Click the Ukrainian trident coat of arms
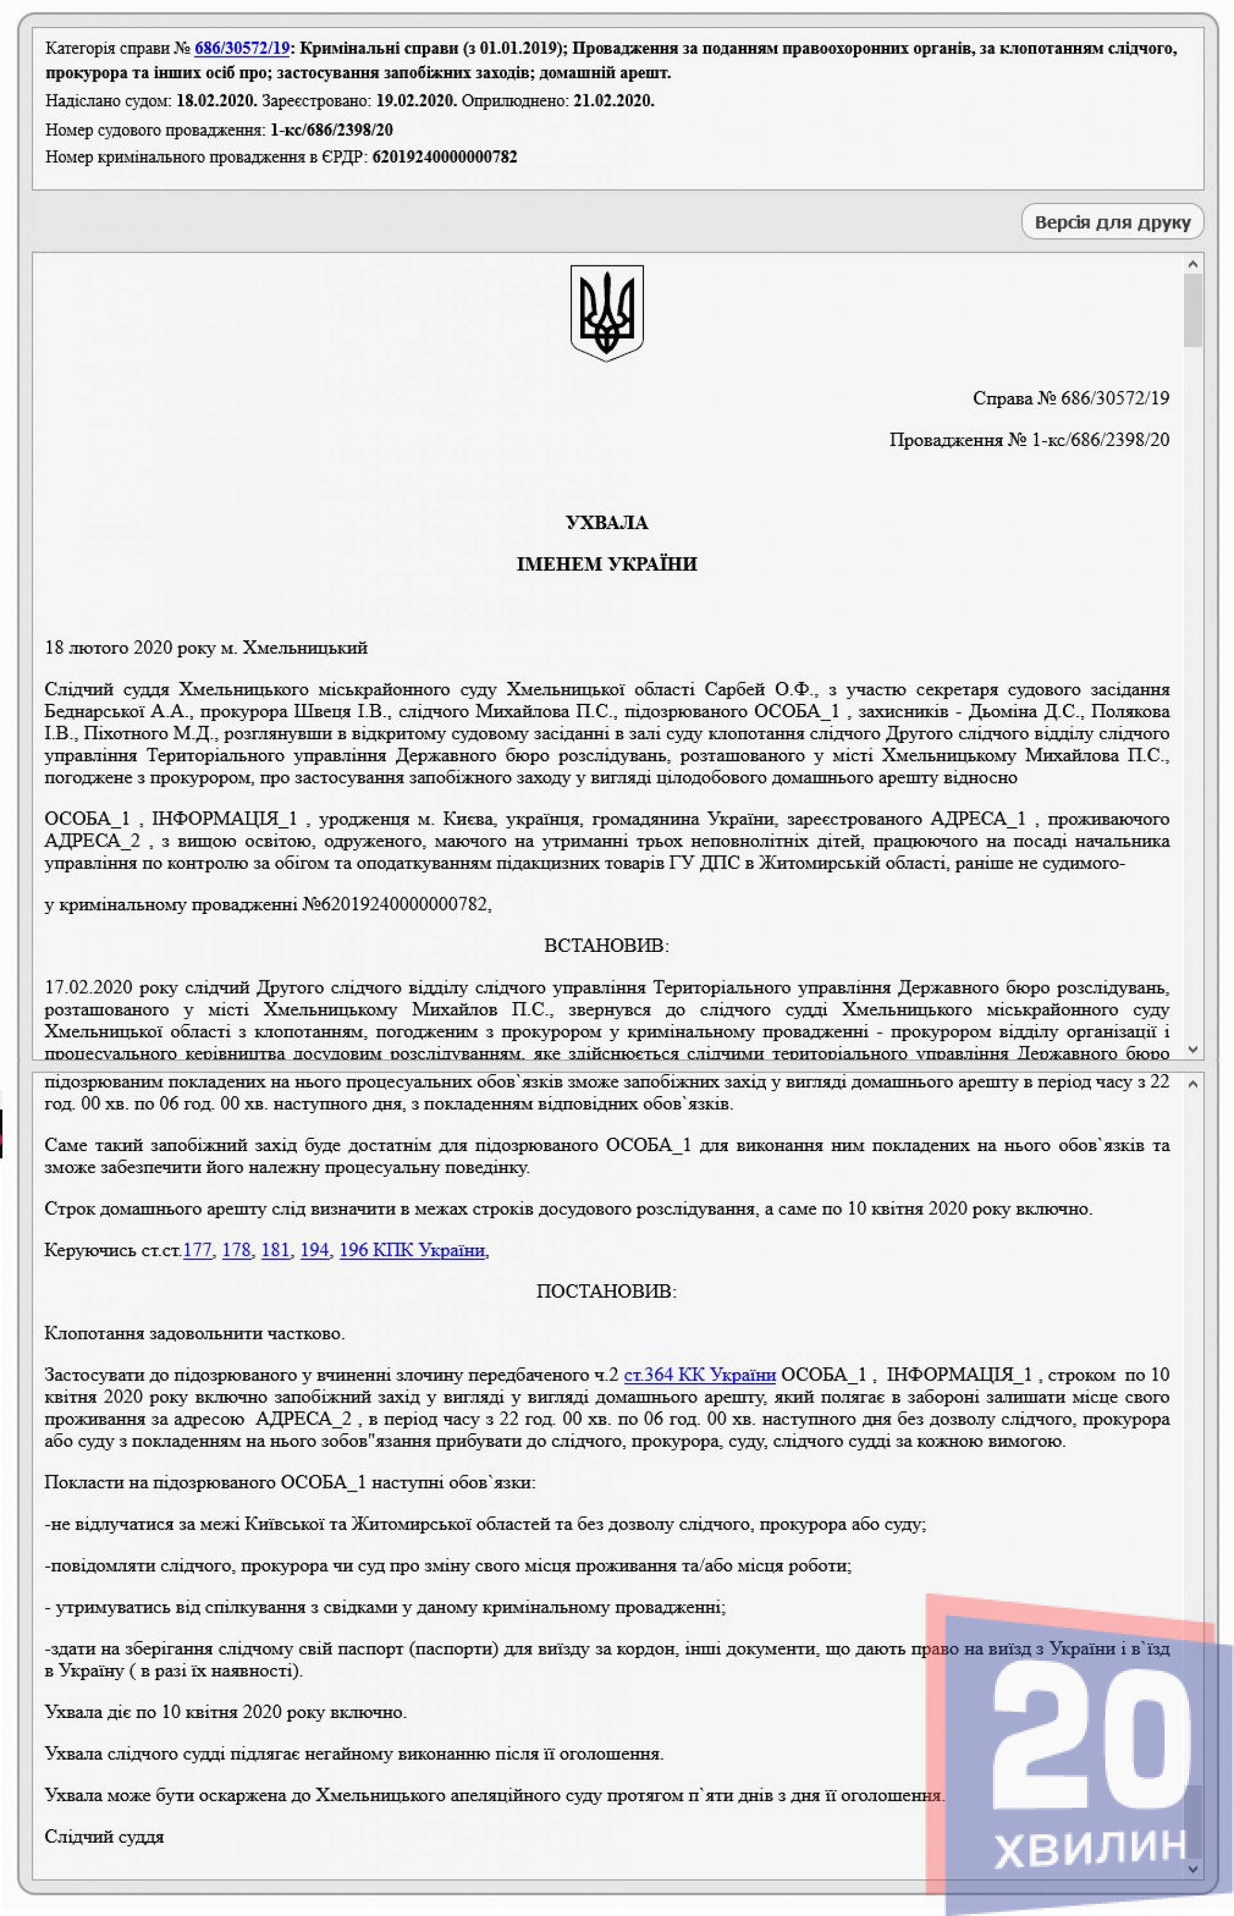[x=607, y=312]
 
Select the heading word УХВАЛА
[x=607, y=523]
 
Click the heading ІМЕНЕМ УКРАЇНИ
[x=607, y=564]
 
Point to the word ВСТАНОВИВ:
[x=607, y=945]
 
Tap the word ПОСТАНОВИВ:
[x=607, y=1292]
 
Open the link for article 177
[x=197, y=1250]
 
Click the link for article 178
[x=237, y=1250]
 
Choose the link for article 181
[x=276, y=1250]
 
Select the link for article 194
[x=315, y=1250]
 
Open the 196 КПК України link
[x=412, y=1250]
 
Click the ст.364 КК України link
[x=699, y=1375]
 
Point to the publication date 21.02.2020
[x=614, y=101]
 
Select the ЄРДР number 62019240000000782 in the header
[x=445, y=157]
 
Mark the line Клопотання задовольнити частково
[x=195, y=1334]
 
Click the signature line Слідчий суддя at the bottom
[x=104, y=1837]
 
